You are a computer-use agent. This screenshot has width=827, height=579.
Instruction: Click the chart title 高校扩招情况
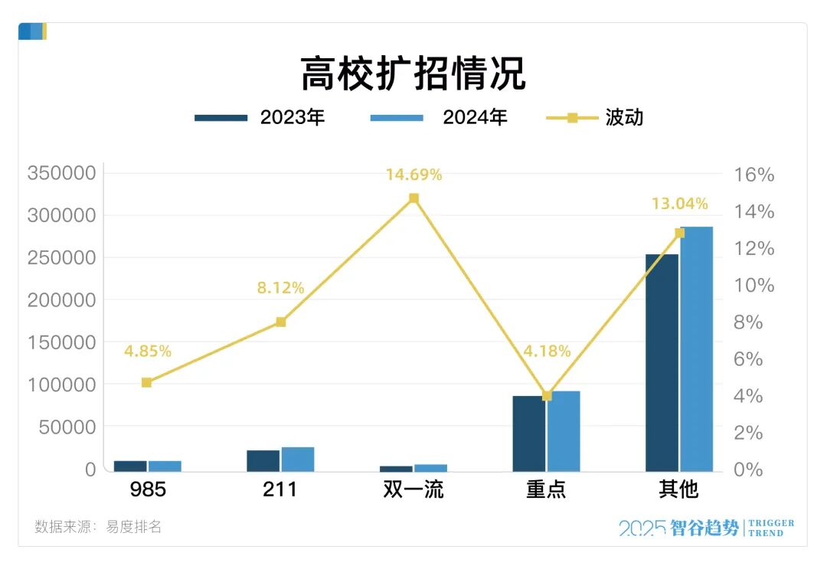(x=413, y=74)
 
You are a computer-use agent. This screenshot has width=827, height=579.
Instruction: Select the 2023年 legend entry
(x=260, y=117)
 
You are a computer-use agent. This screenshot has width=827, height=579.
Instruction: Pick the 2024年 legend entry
(x=439, y=117)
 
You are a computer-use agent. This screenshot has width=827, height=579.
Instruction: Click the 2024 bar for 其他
(x=696, y=348)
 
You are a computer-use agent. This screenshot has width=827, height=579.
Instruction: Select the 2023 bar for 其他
(x=662, y=362)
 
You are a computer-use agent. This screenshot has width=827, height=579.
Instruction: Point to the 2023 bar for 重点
(x=529, y=433)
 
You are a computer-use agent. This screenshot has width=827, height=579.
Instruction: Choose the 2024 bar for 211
(x=298, y=459)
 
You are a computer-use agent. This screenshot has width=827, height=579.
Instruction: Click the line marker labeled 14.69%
(x=414, y=198)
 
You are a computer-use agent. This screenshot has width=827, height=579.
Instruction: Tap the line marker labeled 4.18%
(x=547, y=396)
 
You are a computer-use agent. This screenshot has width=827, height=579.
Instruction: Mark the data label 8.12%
(x=280, y=288)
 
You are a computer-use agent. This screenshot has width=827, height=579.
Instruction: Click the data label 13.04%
(x=679, y=204)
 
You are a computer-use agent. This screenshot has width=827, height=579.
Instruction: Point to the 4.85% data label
(x=148, y=352)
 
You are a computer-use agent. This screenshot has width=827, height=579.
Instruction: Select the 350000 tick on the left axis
(x=61, y=173)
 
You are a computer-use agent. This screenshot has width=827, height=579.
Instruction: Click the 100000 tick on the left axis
(x=61, y=384)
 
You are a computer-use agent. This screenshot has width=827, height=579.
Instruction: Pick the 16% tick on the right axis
(x=753, y=175)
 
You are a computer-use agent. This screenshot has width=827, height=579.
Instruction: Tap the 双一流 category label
(x=413, y=489)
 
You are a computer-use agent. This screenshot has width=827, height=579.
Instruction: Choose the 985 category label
(x=148, y=489)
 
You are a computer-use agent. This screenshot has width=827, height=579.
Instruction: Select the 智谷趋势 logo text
(x=705, y=528)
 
